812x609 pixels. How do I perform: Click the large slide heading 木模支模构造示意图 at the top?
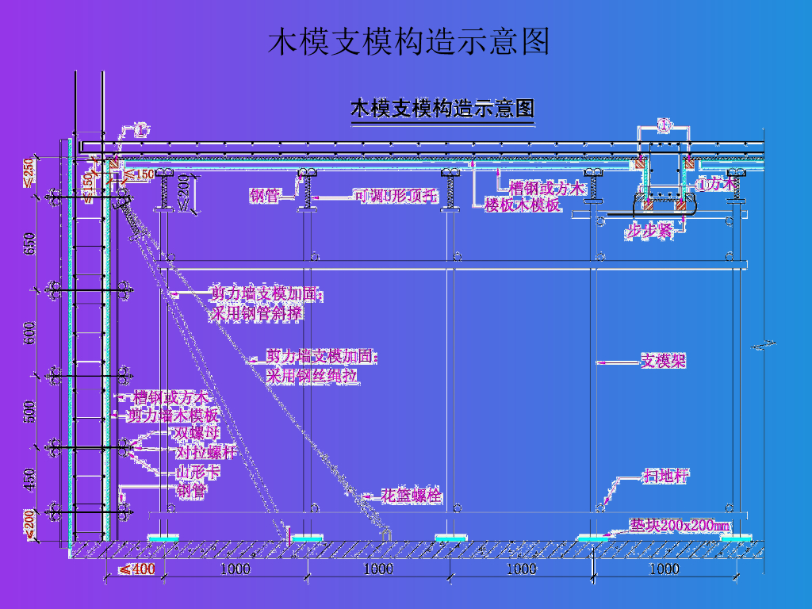[409, 41]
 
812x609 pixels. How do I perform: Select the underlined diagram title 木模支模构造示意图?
[442, 109]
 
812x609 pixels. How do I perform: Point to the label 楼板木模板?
[523, 205]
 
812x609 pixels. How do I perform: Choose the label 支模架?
[663, 362]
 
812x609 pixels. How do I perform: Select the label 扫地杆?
[665, 476]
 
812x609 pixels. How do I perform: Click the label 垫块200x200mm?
[680, 525]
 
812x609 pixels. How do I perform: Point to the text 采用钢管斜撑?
[255, 314]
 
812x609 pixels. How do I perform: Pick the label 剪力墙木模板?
[174, 415]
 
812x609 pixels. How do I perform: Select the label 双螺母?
[196, 433]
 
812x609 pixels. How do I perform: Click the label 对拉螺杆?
[206, 453]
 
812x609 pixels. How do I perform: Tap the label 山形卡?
[197, 473]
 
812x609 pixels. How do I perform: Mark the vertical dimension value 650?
[29, 245]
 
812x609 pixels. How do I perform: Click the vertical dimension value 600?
[29, 332]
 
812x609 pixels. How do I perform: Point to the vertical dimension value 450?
[29, 479]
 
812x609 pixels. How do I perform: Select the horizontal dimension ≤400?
[136, 569]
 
